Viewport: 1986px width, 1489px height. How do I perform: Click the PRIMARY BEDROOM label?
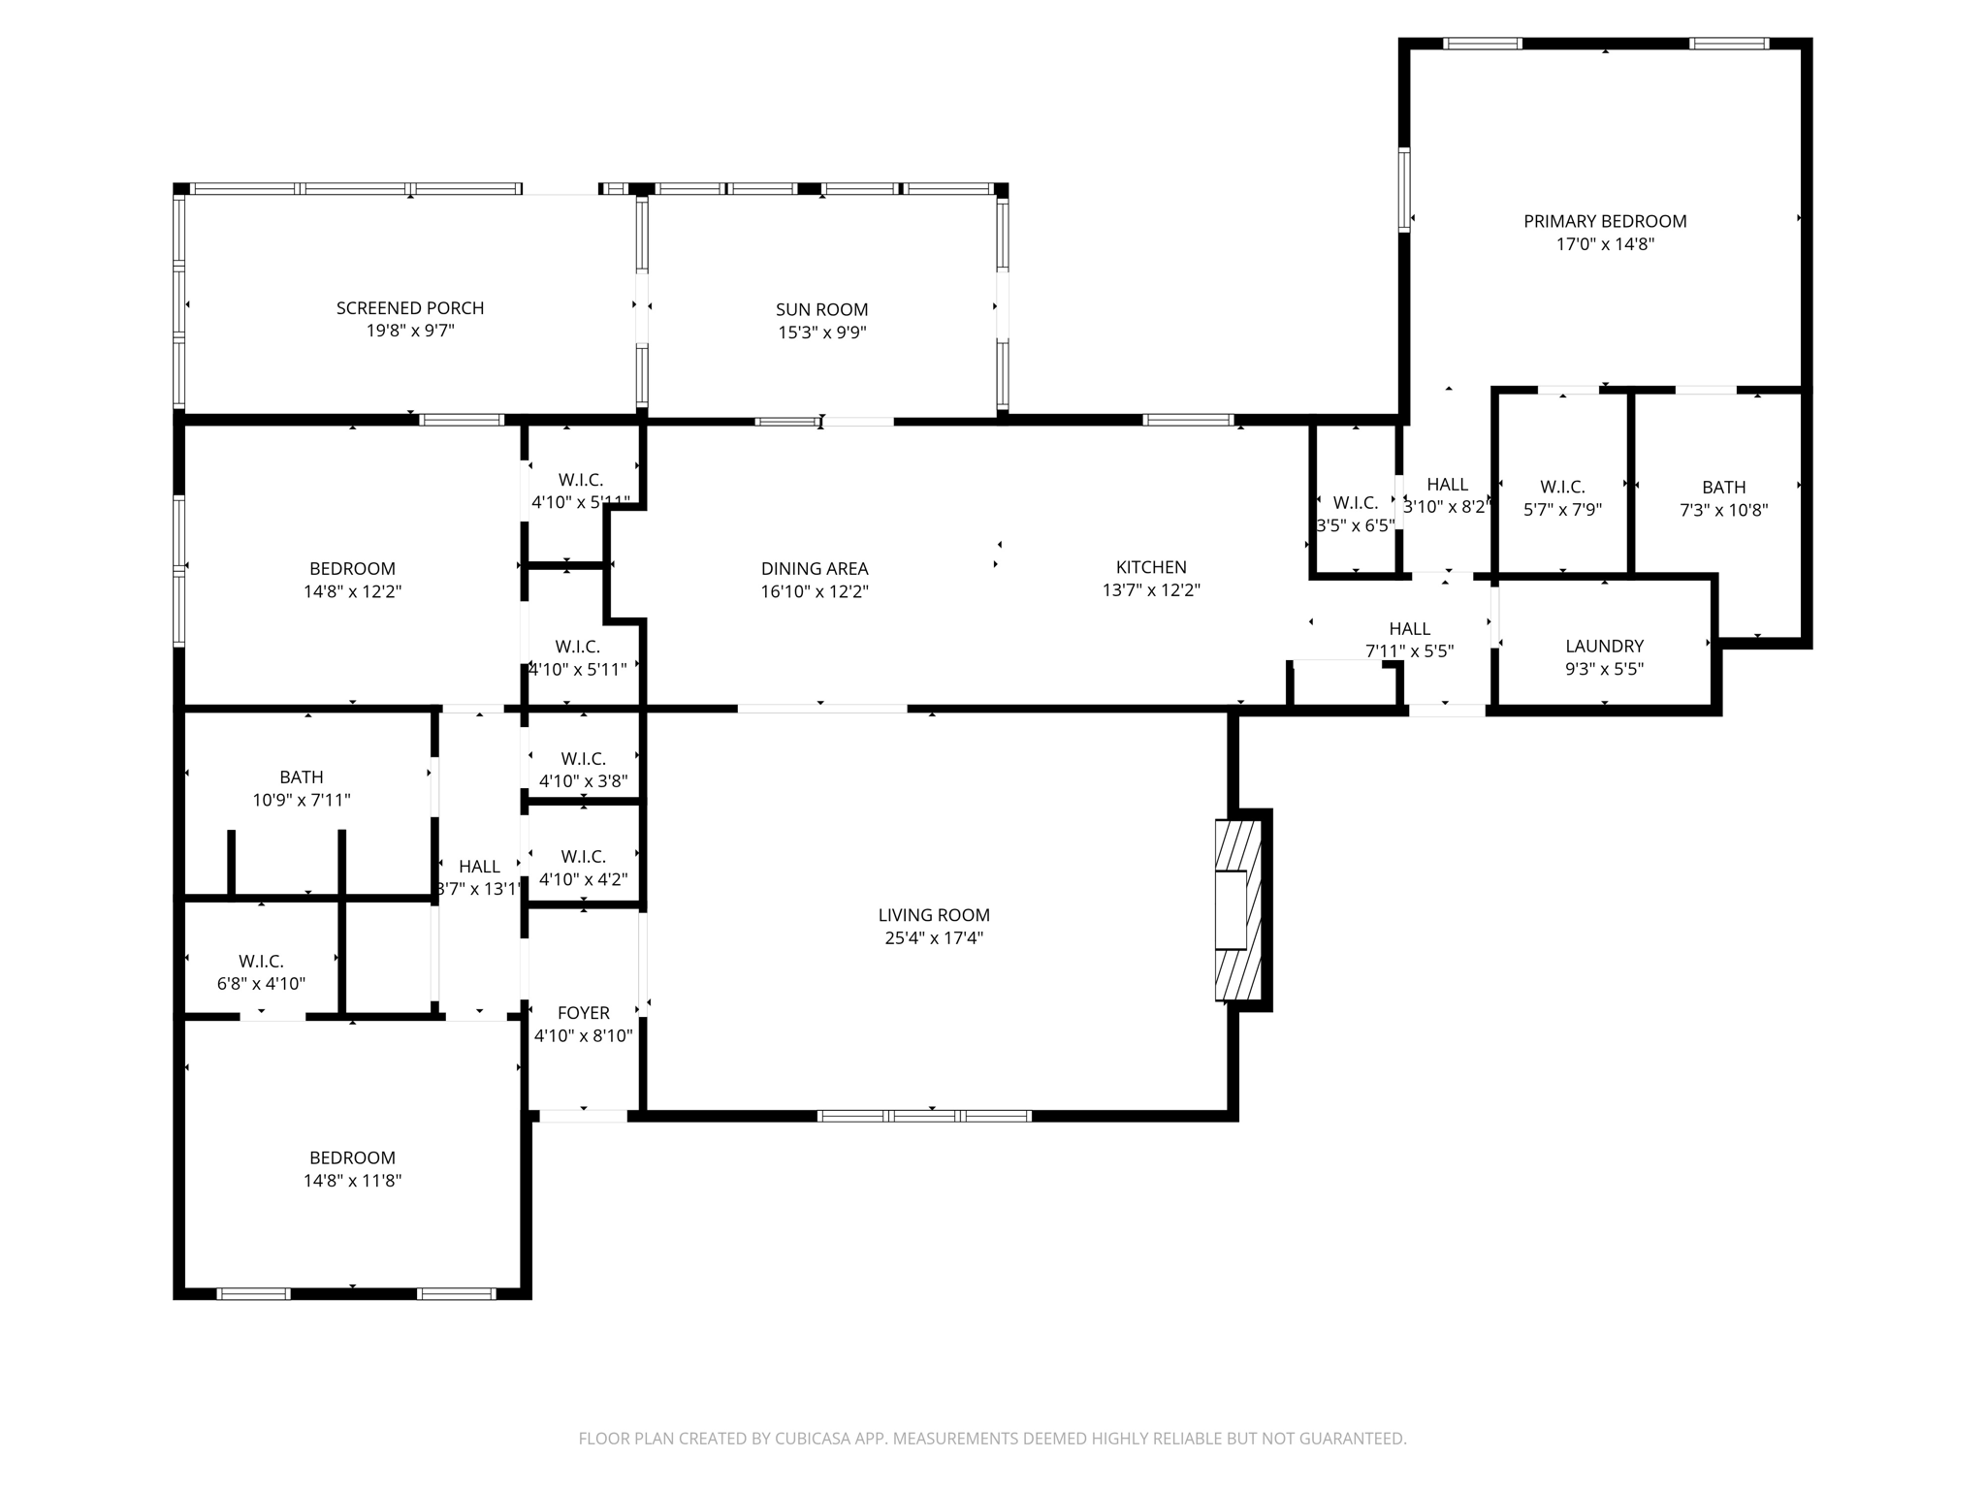click(x=1605, y=221)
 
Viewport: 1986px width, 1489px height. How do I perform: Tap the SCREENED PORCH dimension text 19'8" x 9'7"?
click(x=410, y=331)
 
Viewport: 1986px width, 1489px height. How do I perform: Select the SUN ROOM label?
click(x=821, y=309)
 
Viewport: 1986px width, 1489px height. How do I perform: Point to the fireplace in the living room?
click(x=1238, y=909)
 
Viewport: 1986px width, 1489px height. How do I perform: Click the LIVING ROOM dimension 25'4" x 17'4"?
click(x=934, y=937)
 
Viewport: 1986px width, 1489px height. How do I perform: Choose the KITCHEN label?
click(x=1151, y=567)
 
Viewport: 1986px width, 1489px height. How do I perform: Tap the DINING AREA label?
click(x=815, y=569)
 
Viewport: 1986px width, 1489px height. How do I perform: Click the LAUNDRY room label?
click(x=1604, y=646)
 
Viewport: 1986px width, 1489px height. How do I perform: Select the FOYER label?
click(x=584, y=1012)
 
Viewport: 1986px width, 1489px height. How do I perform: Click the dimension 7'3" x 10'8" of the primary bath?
click(x=1723, y=510)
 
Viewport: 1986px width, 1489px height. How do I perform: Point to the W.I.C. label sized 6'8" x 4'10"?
click(x=261, y=961)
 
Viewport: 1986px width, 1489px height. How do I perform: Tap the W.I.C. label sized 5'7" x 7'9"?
click(x=1561, y=487)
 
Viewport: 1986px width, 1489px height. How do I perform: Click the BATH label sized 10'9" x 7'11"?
click(x=302, y=776)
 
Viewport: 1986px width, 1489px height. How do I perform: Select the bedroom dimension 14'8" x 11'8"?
click(x=352, y=1181)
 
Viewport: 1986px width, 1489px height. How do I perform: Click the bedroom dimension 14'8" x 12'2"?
click(x=352, y=591)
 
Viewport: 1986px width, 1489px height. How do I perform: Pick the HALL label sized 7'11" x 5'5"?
click(x=1409, y=628)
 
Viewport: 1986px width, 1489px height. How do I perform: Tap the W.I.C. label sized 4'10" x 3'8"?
click(x=583, y=758)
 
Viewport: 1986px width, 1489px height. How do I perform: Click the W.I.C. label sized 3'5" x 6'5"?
click(x=1355, y=502)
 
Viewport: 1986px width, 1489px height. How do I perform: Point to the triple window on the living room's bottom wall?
click(x=924, y=1116)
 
